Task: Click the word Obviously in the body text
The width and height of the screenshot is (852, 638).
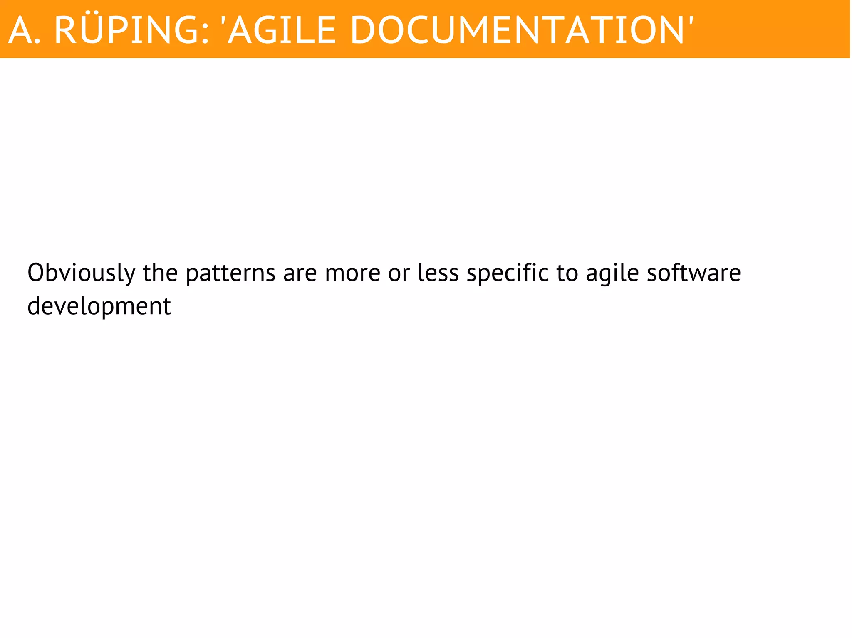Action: pos(82,273)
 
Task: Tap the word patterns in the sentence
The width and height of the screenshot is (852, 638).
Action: pos(230,273)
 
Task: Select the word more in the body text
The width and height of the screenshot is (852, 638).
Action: pos(352,273)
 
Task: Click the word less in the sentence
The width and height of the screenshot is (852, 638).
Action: pos(438,273)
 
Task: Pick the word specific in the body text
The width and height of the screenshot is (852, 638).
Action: pos(507,273)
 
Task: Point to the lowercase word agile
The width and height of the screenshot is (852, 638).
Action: pos(612,273)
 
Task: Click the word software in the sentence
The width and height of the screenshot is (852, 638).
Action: pos(693,273)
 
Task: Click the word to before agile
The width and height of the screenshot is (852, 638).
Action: pos(567,273)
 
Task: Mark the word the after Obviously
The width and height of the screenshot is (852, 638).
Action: pos(160,273)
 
